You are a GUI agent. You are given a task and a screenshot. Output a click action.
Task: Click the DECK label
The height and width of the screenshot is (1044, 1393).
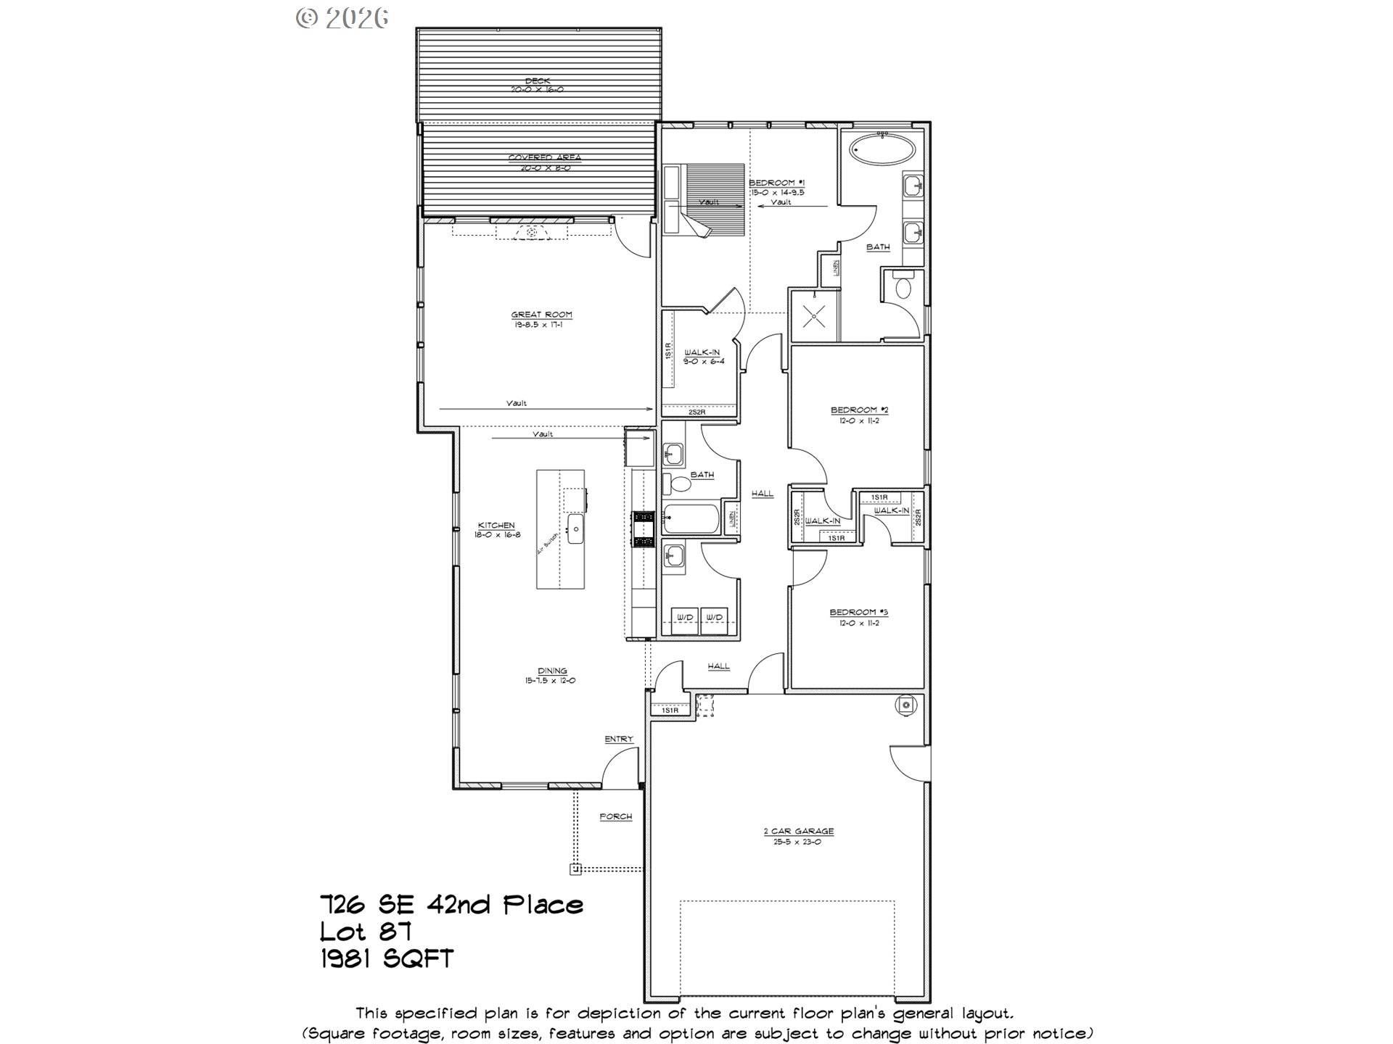pyautogui.click(x=538, y=81)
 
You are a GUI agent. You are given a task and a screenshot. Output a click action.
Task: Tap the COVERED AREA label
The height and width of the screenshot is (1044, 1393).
pyautogui.click(x=544, y=158)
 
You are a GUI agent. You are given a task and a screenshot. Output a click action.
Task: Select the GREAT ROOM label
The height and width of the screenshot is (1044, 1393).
pyautogui.click(x=541, y=315)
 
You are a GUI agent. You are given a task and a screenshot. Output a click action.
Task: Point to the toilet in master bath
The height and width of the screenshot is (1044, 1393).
pyautogui.click(x=903, y=287)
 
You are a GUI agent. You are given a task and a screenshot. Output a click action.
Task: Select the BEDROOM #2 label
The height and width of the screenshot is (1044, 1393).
pyautogui.click(x=859, y=410)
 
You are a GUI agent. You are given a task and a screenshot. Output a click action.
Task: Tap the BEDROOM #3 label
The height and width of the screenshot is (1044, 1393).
pyautogui.click(x=858, y=613)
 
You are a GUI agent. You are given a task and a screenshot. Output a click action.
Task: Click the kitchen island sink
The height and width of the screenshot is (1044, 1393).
pyautogui.click(x=576, y=529)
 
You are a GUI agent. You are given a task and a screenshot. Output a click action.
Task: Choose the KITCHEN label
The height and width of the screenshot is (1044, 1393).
pyautogui.click(x=496, y=526)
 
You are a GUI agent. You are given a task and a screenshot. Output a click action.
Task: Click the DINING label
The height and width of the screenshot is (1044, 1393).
pyautogui.click(x=552, y=671)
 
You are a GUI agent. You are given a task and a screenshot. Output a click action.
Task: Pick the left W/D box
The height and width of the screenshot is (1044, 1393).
pyautogui.click(x=685, y=618)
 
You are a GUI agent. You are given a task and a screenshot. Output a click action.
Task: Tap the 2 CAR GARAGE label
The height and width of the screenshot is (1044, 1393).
pyautogui.click(x=798, y=832)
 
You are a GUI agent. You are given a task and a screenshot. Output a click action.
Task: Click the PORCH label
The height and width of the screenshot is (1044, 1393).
pyautogui.click(x=615, y=817)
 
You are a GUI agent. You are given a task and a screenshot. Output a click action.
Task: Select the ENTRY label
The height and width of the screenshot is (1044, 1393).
pyautogui.click(x=619, y=739)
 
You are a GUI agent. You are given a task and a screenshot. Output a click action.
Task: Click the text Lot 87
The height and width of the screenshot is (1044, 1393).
pyautogui.click(x=366, y=931)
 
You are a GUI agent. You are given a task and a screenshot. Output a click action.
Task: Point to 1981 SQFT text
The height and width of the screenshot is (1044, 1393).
pyautogui.click(x=387, y=958)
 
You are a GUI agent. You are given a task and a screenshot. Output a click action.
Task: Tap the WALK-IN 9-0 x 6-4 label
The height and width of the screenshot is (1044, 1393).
pyautogui.click(x=702, y=352)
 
